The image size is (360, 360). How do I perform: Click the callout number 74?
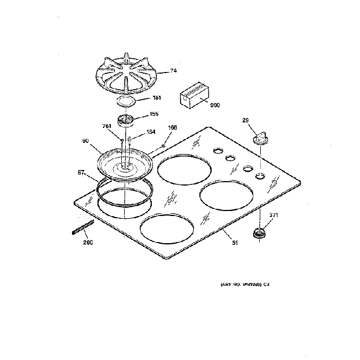click(x=173, y=71)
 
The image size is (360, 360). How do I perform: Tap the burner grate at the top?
click(x=126, y=76)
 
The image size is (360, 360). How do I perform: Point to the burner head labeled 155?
click(x=127, y=120)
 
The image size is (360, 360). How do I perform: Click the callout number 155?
click(x=154, y=115)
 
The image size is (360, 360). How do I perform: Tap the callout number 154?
click(x=150, y=132)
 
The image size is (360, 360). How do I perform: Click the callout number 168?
click(x=172, y=127)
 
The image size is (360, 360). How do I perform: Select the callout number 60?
click(x=86, y=141)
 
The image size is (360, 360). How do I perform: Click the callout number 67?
click(x=80, y=173)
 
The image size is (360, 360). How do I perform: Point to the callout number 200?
click(x=88, y=243)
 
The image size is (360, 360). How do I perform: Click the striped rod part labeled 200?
click(x=83, y=227)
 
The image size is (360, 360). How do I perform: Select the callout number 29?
click(x=246, y=120)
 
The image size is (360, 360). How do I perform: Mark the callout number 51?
click(x=234, y=242)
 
